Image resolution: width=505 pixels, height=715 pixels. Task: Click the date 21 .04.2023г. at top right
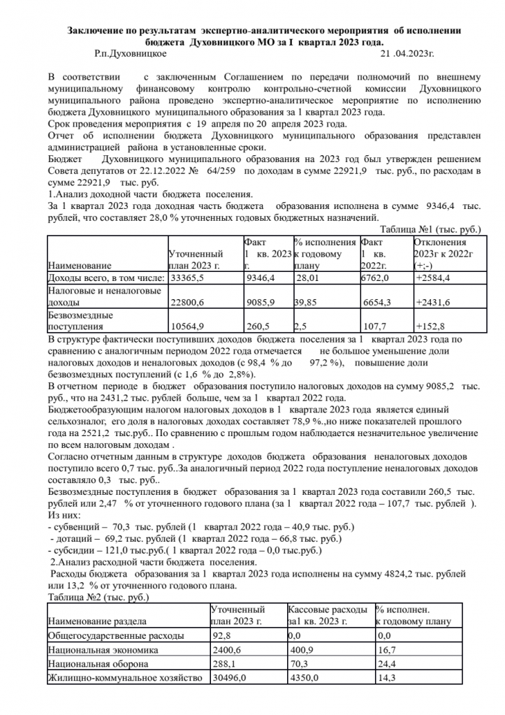[408, 52]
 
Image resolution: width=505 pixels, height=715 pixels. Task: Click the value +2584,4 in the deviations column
[434, 278]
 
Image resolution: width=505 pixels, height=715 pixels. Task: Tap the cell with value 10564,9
[187, 326]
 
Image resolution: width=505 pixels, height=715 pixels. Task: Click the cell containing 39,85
[307, 302]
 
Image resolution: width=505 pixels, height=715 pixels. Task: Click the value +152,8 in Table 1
[430, 326]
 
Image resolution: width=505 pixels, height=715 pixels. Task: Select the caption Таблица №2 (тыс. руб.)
[97, 598]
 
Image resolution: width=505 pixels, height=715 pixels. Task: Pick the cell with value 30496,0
[229, 677]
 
